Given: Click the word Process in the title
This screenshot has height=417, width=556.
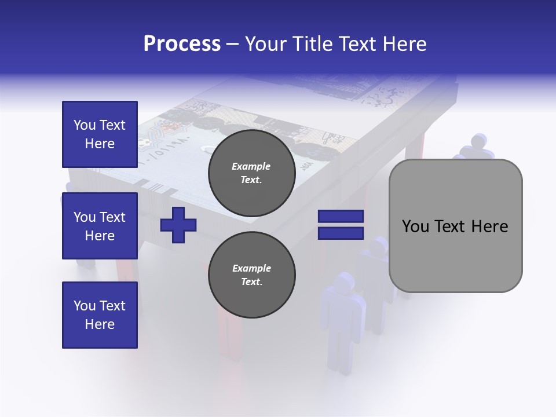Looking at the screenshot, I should click(x=182, y=44).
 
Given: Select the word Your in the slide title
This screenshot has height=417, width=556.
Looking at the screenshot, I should click(x=265, y=44).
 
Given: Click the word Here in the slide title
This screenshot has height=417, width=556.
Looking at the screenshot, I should click(x=403, y=44).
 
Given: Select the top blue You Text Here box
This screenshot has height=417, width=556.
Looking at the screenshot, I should click(x=100, y=134).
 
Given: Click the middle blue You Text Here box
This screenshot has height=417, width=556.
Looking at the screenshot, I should click(x=100, y=226).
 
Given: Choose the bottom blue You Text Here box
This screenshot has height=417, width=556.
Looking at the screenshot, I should click(x=100, y=315).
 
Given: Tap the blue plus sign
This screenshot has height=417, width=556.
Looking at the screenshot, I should click(x=178, y=225).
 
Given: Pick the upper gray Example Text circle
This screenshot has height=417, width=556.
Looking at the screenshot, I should click(x=252, y=173).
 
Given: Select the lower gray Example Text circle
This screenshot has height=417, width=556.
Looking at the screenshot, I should click(x=252, y=275).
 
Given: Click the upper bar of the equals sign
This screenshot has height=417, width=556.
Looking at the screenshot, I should click(x=341, y=217).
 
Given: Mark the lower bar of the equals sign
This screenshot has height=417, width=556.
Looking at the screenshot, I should click(x=341, y=233).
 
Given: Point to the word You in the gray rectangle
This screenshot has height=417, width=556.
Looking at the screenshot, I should click(x=415, y=226).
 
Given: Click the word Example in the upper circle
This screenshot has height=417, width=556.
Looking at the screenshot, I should click(x=251, y=166).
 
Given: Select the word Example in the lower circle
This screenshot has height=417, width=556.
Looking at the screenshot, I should click(x=251, y=268).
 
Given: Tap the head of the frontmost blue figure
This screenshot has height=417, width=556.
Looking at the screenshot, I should click(x=343, y=282).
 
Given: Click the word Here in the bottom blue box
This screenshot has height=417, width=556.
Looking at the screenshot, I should click(x=100, y=324).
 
